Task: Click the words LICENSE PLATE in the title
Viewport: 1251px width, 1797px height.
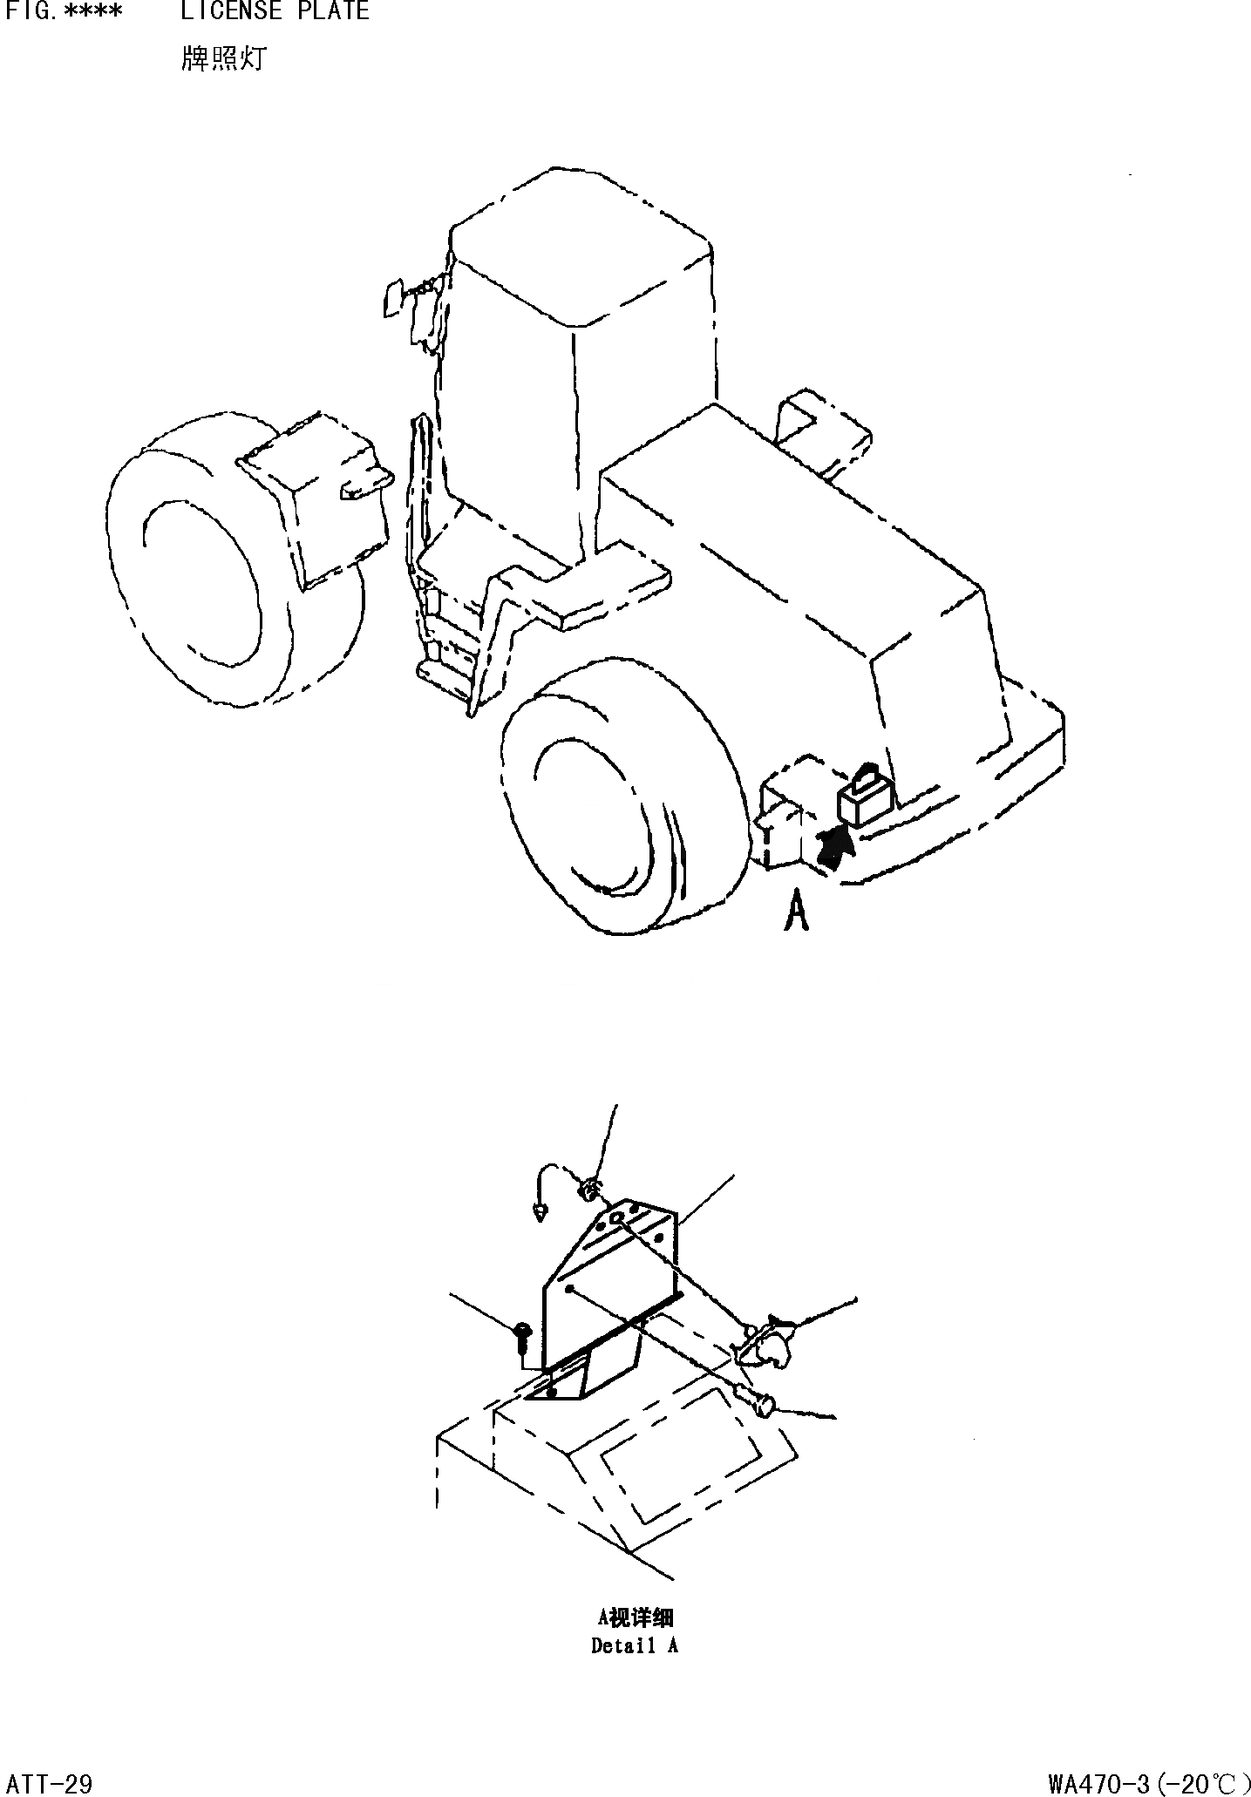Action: (275, 11)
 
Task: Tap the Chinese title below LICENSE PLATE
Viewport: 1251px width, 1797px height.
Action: (222, 59)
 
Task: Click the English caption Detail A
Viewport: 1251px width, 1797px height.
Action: (634, 1646)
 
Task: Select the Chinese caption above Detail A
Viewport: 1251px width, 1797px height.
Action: (634, 1618)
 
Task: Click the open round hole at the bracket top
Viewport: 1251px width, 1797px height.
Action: (616, 1217)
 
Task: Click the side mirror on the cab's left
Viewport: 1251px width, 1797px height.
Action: (392, 299)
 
